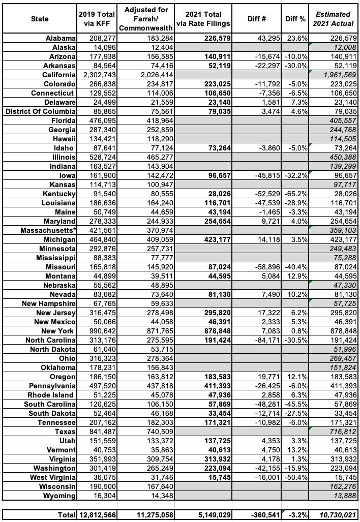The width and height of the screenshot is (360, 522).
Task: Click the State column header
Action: [39, 19]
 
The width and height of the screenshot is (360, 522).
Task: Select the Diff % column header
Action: [295, 19]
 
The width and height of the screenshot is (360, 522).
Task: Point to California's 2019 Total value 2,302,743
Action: [97, 75]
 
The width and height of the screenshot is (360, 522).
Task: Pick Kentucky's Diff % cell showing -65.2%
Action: [296, 194]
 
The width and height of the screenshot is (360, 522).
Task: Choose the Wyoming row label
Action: [59, 496]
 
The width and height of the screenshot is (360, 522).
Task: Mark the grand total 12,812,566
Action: [97, 515]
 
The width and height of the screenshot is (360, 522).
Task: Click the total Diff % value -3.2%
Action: [296, 515]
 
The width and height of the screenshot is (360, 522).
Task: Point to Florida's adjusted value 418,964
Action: [145, 120]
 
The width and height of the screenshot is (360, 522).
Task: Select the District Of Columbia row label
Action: [41, 111]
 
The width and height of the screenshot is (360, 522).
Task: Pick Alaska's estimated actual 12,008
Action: [341, 47]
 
